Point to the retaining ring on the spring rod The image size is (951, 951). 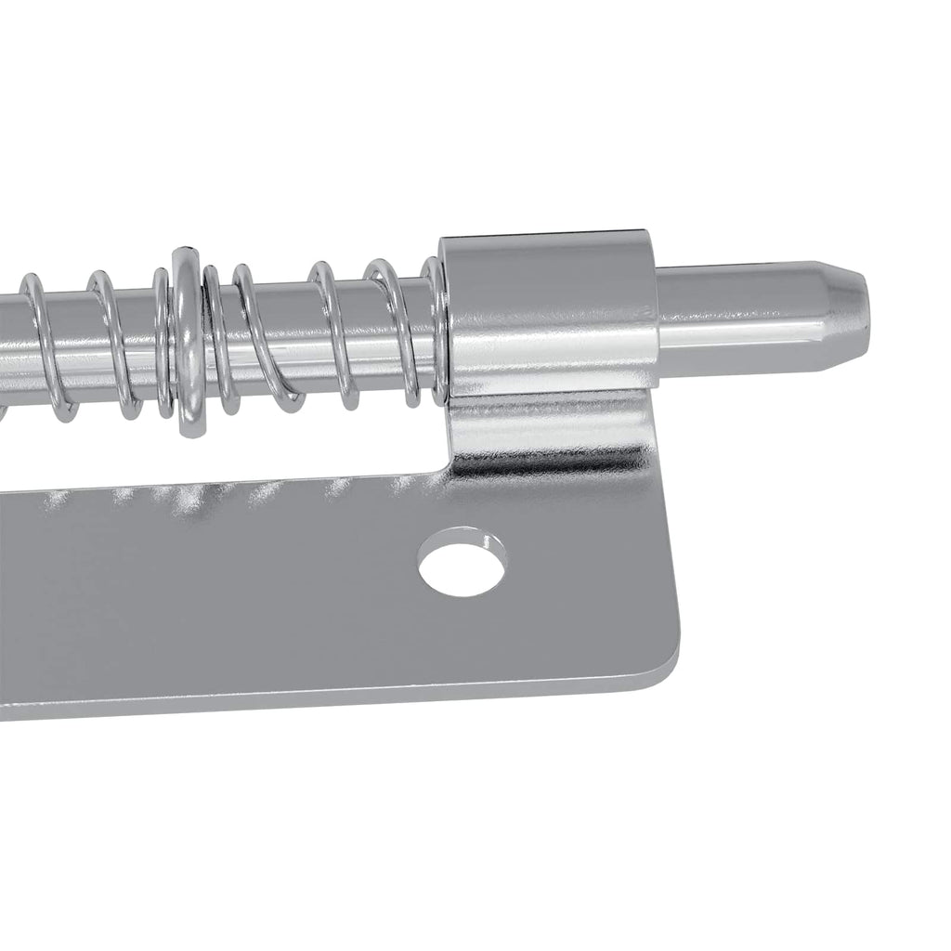click(186, 339)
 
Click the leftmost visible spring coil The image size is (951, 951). click(37, 344)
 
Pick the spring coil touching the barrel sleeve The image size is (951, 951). click(434, 330)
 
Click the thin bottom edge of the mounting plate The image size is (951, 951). click(325, 706)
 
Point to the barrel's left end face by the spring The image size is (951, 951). click(446, 320)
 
